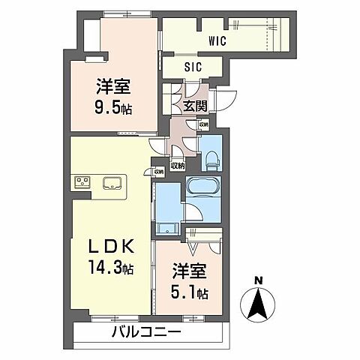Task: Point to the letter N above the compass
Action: click(257, 281)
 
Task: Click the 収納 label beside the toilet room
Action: click(204, 124)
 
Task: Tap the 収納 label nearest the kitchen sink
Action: click(158, 172)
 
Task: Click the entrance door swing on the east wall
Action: click(224, 102)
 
